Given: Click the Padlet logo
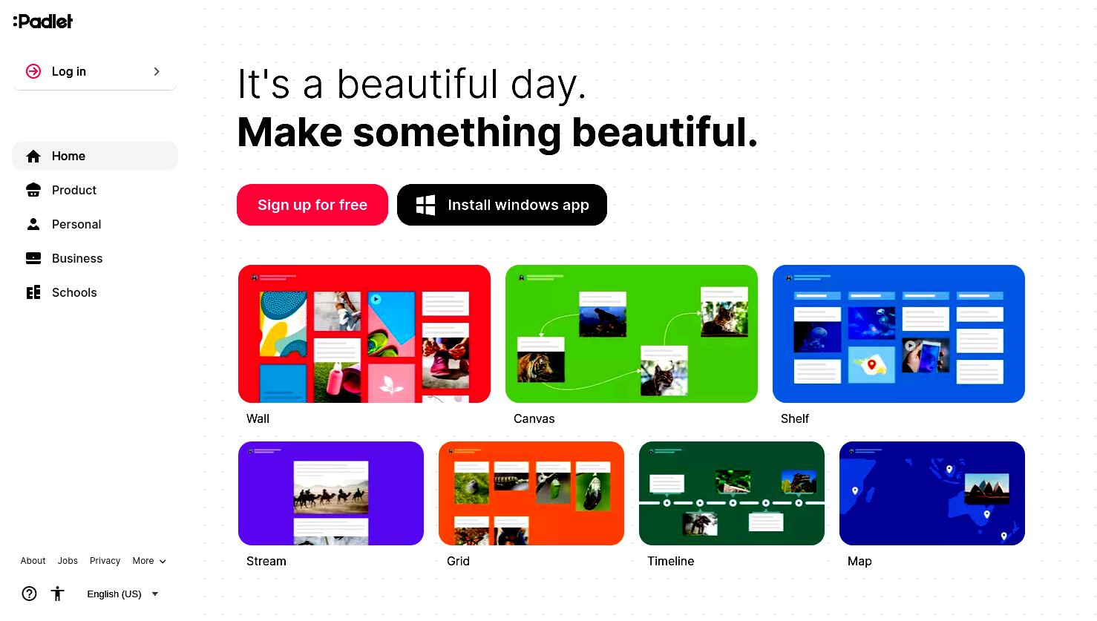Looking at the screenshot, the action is coord(43,21).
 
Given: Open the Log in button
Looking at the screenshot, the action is coord(94,71).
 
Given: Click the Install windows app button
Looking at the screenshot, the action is coord(502,205).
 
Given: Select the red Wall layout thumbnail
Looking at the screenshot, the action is coord(364,334).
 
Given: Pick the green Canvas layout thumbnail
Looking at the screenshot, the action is coord(632,334).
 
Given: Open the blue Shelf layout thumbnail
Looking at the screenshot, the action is coord(899,334).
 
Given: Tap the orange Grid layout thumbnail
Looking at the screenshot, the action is coord(531,493).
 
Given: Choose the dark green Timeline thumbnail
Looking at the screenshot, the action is coord(732,493).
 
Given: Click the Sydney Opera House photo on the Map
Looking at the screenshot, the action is coord(987,488).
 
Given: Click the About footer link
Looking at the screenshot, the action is coord(33,561).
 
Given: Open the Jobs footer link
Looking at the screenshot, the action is coord(68,561).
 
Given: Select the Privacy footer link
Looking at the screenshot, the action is coord(105,561).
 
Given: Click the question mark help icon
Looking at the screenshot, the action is coord(30,594).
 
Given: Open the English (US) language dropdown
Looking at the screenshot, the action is coord(122,594).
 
